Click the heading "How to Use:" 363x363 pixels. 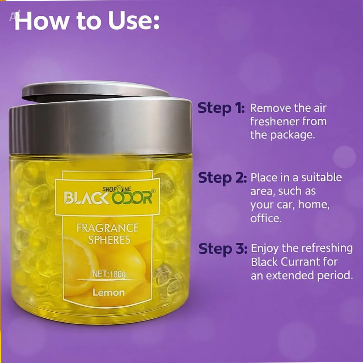87,21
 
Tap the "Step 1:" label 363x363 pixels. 221,108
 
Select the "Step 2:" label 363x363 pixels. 222,178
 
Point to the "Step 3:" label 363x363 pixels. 223,248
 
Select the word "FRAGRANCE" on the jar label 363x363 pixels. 108,228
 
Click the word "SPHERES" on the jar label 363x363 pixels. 109,240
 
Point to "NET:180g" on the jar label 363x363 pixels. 109,274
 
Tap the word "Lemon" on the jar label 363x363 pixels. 109,293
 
